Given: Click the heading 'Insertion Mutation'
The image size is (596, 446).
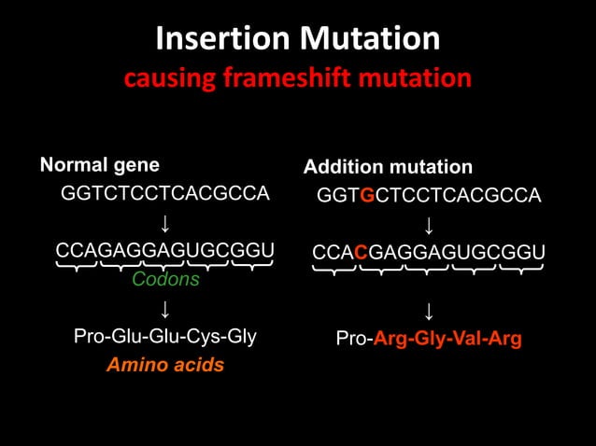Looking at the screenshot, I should click(x=297, y=38).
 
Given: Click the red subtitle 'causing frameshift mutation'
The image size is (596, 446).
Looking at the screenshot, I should click(x=297, y=78).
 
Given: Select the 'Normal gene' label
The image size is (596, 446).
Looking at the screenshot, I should click(x=99, y=166).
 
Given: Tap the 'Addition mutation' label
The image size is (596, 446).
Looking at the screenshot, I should click(x=388, y=168).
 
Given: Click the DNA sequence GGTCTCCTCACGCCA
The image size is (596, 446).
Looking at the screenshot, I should click(x=164, y=194).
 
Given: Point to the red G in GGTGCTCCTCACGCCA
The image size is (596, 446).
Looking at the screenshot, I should click(x=367, y=196).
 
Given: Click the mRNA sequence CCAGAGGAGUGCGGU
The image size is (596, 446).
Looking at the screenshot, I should click(x=164, y=251).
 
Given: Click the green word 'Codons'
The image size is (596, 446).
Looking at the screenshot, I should click(x=165, y=279).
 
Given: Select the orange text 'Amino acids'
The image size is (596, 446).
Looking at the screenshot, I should click(x=165, y=365).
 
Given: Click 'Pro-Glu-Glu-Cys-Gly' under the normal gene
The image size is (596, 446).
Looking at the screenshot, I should click(x=165, y=336).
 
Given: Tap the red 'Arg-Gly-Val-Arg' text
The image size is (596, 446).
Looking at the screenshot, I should click(x=447, y=338).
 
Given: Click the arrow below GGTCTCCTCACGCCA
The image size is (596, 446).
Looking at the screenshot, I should click(x=164, y=223).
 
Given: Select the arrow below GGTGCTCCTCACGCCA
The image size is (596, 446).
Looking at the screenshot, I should click(x=429, y=225).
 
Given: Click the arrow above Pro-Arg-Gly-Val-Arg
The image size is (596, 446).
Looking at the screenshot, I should click(x=429, y=309).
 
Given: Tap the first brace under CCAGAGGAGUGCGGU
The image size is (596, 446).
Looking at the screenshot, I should click(x=77, y=269).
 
